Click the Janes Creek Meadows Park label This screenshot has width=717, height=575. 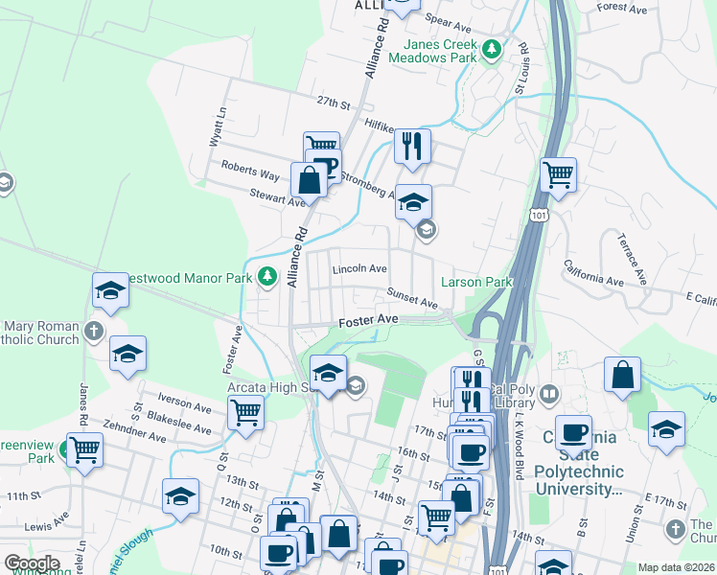440,51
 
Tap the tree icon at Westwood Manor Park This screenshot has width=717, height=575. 267,278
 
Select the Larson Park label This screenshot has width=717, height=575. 476,282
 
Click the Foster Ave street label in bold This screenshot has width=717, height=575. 368,319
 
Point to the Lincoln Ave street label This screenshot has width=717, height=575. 359,269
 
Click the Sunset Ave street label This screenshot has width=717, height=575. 412,297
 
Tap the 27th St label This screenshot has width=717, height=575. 330,102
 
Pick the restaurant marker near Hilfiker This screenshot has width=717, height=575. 412,147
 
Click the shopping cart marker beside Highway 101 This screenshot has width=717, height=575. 558,174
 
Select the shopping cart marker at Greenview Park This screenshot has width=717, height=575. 84,448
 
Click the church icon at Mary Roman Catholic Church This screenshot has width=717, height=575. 93,333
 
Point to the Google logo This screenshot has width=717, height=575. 32,563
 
